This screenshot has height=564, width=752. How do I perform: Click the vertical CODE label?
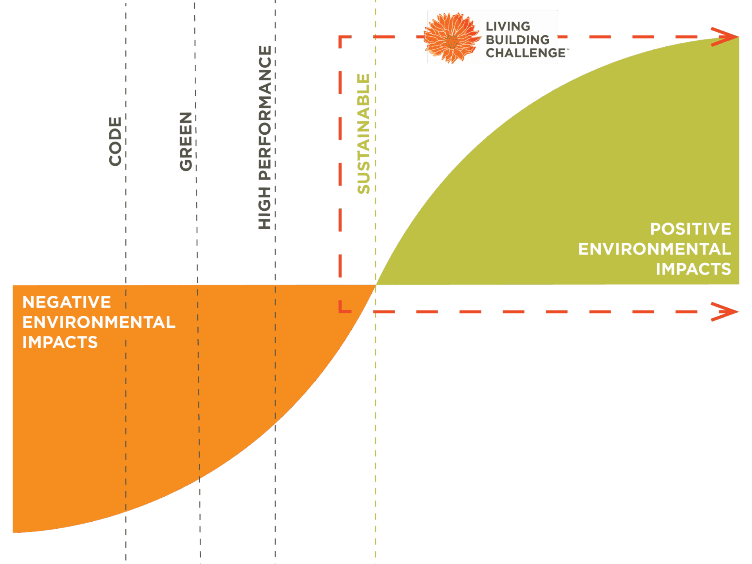pos(115,141)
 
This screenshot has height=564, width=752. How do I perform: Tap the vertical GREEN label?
pos(186,141)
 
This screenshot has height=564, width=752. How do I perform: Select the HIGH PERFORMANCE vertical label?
pos(265,137)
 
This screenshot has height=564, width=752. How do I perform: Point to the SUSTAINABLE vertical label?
pos(363,134)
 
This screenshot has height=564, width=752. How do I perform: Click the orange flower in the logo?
pos(452,38)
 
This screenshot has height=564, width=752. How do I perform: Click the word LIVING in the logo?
pos(508,26)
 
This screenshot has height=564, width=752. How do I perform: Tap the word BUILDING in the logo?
pos(517,40)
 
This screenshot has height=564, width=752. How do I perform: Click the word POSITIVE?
pos(691,229)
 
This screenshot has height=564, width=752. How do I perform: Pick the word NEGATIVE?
pos(67,302)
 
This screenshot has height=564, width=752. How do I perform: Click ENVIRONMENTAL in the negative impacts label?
pos(99,322)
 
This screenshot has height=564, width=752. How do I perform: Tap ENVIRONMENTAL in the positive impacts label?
pos(654,249)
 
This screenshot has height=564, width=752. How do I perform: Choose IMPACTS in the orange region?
pos(60,342)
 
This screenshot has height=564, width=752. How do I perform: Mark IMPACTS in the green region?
pos(693,269)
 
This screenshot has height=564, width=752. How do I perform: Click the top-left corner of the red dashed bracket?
pos(340,38)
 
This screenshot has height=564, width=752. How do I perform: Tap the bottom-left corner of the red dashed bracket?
pos(340,311)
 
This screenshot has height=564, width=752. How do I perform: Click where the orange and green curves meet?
pos(376,285)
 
